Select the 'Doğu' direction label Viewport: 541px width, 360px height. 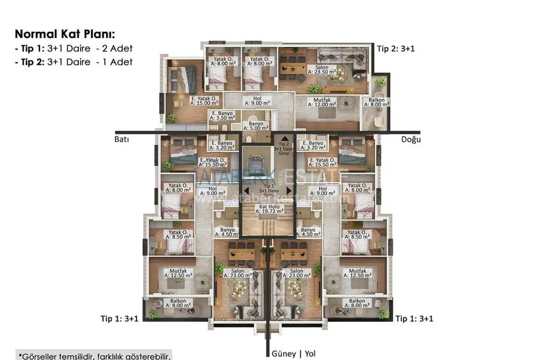(x=411, y=139)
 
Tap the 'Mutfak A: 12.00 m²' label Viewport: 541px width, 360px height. (x=322, y=103)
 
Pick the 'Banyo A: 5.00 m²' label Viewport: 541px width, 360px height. (x=256, y=125)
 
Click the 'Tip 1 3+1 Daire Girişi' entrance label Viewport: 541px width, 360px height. (x=271, y=191)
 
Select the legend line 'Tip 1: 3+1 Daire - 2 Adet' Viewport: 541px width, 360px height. (x=74, y=48)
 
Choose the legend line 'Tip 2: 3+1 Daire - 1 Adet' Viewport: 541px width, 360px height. (x=74, y=62)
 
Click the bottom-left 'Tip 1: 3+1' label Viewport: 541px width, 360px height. (x=123, y=317)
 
